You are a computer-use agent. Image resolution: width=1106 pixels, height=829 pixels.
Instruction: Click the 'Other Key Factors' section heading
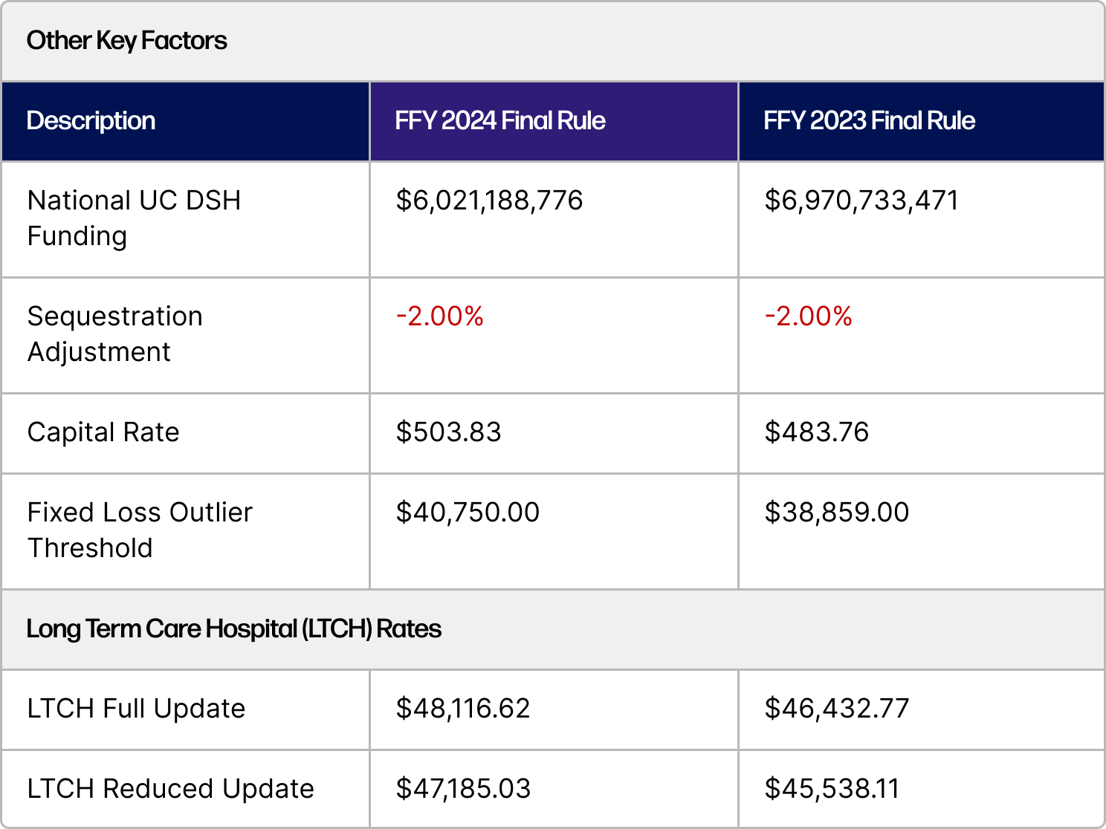(126, 41)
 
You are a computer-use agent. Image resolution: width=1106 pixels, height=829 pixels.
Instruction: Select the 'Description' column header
(91, 121)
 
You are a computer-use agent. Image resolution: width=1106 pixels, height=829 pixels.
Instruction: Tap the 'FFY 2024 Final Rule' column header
(499, 121)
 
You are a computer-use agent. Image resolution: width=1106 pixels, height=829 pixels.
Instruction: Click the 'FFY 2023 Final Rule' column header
(868, 121)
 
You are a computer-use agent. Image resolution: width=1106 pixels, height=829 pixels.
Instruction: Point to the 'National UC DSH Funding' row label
(134, 218)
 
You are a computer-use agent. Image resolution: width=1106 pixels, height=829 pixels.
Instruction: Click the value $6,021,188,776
(489, 201)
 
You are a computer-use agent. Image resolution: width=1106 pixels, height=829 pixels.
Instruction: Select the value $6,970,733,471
(861, 201)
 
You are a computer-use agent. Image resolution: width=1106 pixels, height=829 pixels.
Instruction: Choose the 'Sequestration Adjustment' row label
(114, 334)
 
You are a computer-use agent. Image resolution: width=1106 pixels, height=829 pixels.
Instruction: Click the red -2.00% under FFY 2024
(439, 316)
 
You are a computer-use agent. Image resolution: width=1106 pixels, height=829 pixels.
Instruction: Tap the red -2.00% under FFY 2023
(808, 316)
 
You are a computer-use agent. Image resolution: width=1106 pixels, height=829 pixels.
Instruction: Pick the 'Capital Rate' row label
(103, 432)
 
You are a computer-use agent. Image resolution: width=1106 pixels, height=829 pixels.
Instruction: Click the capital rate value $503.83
(448, 432)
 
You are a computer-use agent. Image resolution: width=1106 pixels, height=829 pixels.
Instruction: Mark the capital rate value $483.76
(816, 432)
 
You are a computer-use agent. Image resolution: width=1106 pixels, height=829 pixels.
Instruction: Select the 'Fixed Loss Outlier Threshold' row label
(140, 530)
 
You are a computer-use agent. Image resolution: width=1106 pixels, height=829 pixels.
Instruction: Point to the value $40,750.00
(468, 513)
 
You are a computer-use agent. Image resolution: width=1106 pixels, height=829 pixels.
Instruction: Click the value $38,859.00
(836, 513)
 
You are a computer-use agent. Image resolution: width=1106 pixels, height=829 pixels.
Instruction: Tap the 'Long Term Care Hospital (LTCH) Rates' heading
(233, 629)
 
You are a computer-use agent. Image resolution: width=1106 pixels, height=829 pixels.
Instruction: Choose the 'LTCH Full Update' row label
(136, 709)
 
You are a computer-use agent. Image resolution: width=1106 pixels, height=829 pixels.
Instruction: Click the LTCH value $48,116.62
(462, 709)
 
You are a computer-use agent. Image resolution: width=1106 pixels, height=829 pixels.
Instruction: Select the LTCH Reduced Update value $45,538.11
(832, 789)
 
